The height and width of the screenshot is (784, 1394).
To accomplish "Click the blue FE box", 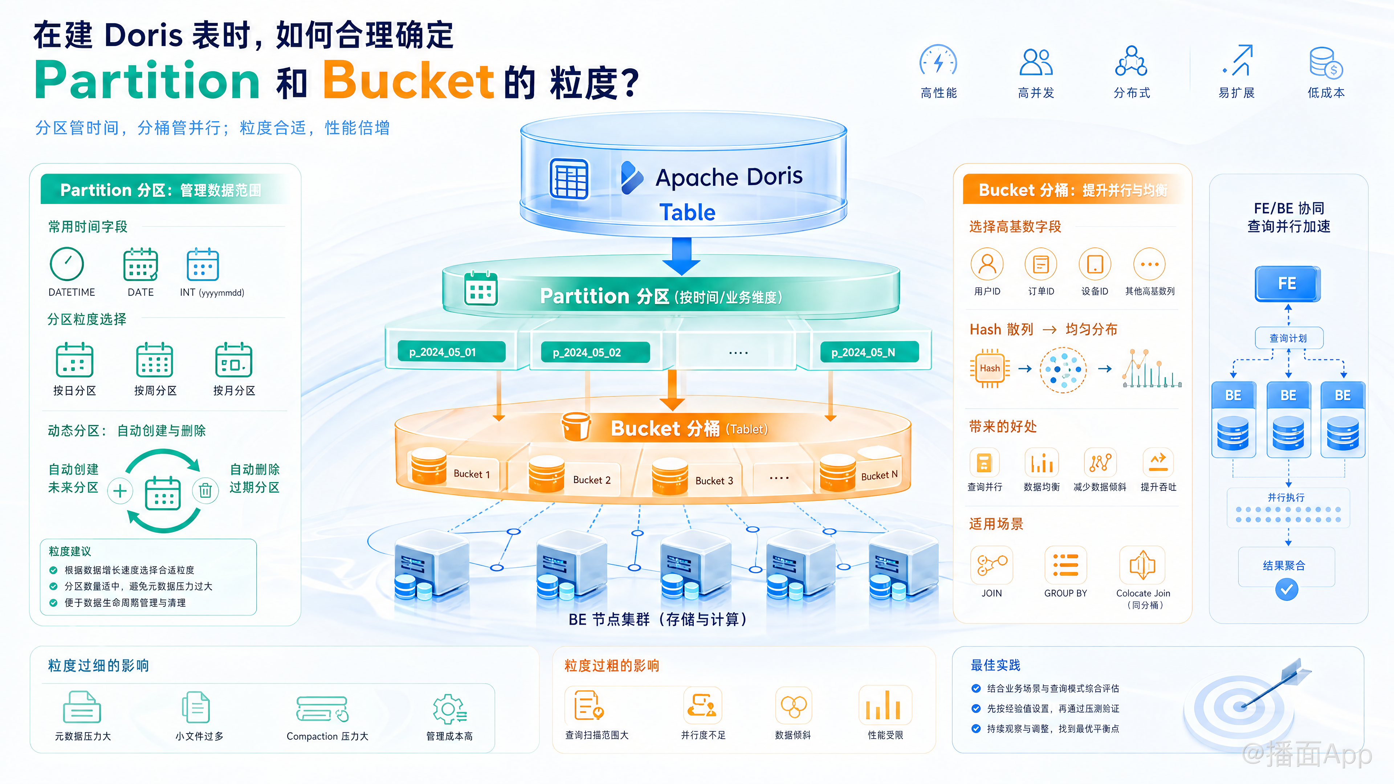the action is [x=1287, y=283].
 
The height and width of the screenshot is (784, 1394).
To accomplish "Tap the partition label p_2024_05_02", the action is [x=589, y=352].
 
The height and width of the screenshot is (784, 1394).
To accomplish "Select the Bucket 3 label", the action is [x=714, y=481].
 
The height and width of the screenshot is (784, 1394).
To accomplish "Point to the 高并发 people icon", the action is [x=1036, y=62].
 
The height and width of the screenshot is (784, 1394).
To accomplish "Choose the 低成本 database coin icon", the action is [x=1326, y=63].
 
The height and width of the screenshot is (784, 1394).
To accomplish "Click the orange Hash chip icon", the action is [x=990, y=368].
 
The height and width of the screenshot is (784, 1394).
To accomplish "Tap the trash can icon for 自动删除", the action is [x=205, y=491].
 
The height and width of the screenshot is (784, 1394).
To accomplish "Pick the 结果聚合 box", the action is [x=1286, y=566].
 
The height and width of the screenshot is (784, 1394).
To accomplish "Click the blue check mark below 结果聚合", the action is [x=1287, y=589].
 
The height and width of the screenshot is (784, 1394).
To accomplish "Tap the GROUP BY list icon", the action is [x=1065, y=565].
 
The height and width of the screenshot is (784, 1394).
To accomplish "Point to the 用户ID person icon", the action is [x=987, y=264].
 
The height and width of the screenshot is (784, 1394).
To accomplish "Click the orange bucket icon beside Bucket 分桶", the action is [x=576, y=427].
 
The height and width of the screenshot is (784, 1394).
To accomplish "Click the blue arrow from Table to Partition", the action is [x=681, y=256].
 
